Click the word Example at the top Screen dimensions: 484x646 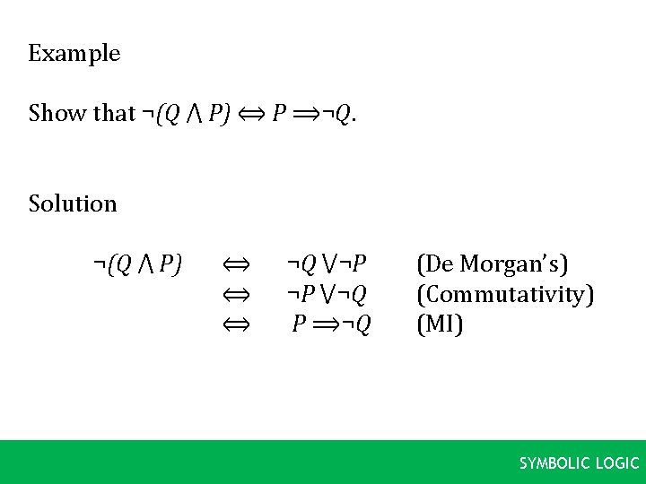coord(74,54)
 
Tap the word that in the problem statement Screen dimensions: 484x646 coord(114,114)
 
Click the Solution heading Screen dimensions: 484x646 coord(73,204)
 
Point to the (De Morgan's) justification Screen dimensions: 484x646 coord(493,264)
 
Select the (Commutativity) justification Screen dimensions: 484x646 coord(505,294)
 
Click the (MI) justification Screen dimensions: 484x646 coord(440,324)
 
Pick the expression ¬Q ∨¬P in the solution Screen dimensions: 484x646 coord(327,264)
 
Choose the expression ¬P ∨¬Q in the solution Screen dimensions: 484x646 coord(327,294)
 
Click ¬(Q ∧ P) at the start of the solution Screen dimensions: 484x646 coord(137,264)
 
